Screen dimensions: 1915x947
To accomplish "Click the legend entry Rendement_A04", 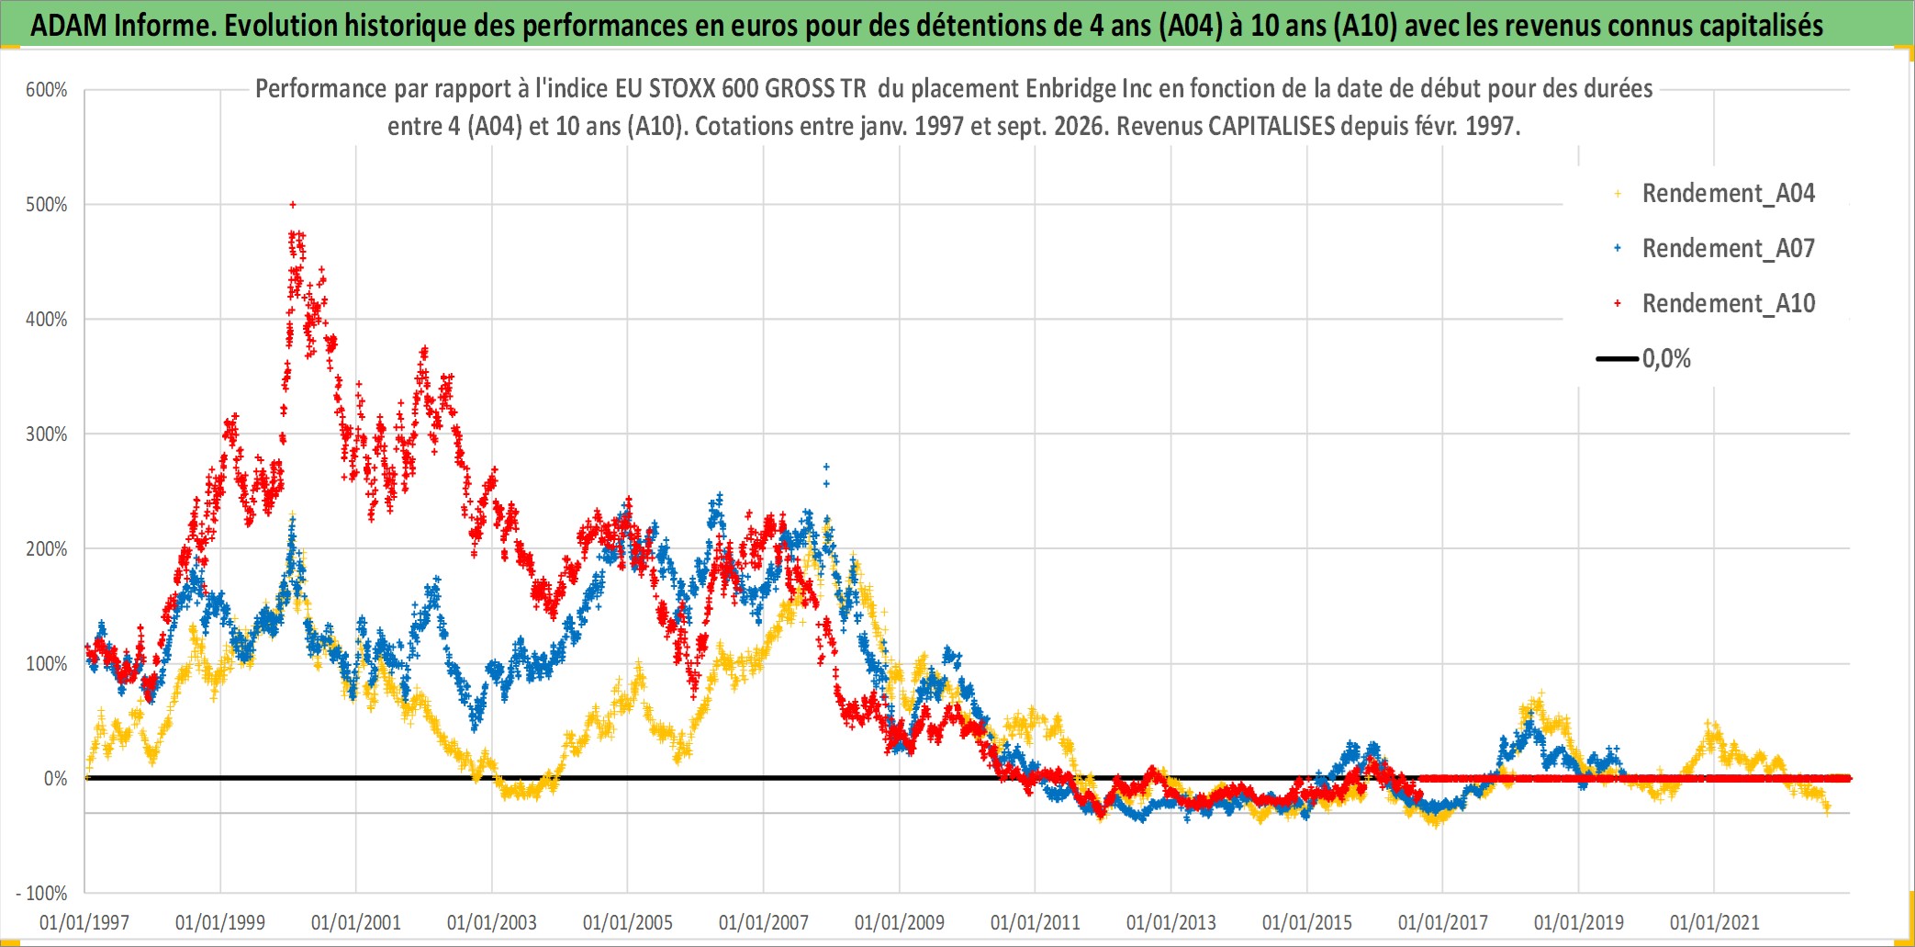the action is pos(1728,194).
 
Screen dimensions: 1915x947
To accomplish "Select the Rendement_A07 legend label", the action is pos(1728,249).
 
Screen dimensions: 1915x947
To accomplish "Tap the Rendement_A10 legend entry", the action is pos(1728,304).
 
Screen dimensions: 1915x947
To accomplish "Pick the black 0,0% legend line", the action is pos(1618,358).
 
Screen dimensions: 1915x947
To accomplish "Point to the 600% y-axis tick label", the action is pos(47,90).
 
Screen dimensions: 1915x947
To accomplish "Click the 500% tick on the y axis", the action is pos(47,205).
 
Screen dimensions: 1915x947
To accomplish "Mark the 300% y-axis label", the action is pos(47,434).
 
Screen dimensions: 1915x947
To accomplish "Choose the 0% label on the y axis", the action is pos(56,779).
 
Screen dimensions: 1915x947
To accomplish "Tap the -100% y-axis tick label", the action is pos(42,893).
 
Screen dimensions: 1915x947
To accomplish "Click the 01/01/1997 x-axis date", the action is pos(84,922).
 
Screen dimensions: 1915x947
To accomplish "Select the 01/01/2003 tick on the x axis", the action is pos(492,922).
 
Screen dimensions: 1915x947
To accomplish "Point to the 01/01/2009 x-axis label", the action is pos(900,922).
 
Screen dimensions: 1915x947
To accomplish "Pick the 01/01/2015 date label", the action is pos(1307,922).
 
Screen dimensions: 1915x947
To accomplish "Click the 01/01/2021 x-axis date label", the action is pos(1715,922).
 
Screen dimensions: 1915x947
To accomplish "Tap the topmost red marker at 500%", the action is pos(293,205).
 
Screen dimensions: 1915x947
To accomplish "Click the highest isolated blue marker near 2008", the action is pos(826,468).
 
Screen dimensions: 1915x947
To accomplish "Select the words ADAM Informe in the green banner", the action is pos(124,25).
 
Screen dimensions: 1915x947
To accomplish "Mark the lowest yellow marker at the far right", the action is pos(1827,812).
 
